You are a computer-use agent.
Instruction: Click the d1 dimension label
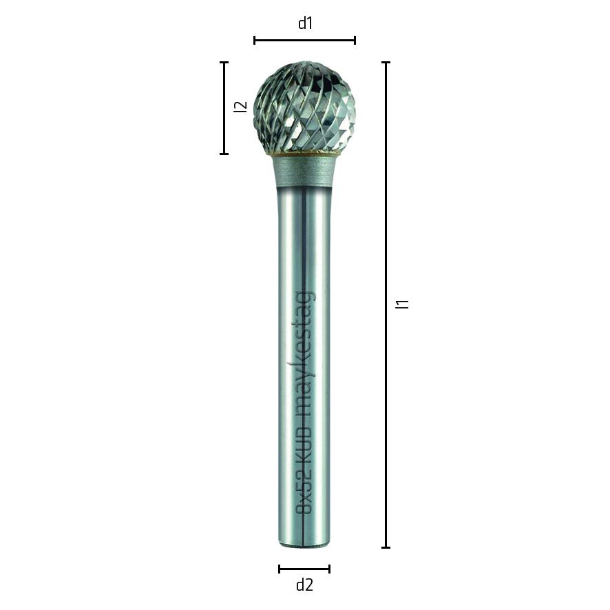click(305, 23)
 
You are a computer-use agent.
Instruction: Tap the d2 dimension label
click(304, 585)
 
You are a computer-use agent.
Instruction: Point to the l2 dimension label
click(240, 107)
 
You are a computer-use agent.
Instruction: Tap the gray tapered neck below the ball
click(304, 171)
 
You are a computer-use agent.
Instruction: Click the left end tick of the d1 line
click(255, 40)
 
